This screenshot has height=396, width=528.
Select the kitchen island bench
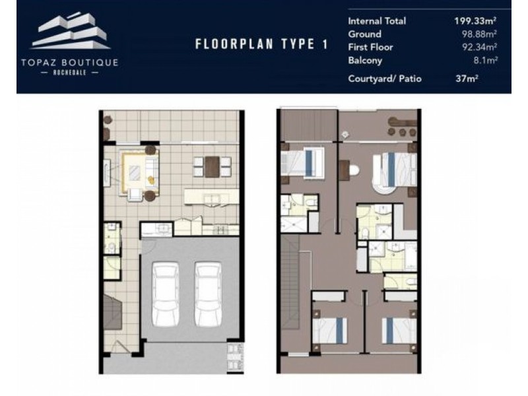(x=211, y=196)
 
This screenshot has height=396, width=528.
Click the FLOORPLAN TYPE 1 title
(x=261, y=45)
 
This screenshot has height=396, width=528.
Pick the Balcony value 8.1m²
(x=484, y=61)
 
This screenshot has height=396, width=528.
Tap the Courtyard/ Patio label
(x=384, y=79)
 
